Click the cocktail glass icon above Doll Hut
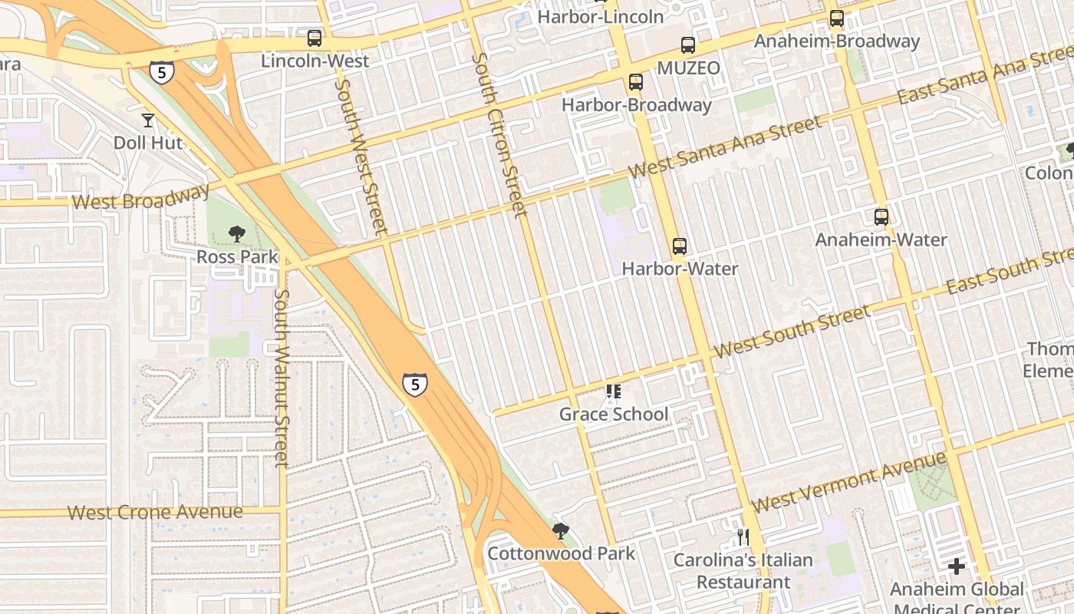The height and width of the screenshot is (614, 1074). click(x=147, y=120)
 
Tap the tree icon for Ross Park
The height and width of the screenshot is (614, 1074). click(x=237, y=234)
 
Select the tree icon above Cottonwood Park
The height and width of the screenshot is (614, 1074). click(x=561, y=530)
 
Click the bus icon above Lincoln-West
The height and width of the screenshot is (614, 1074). click(x=315, y=38)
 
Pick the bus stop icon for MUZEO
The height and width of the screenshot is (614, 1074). click(x=688, y=45)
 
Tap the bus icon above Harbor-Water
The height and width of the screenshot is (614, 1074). click(x=679, y=246)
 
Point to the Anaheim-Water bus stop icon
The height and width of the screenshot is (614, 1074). click(x=881, y=217)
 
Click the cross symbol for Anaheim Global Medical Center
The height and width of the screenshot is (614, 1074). click(x=956, y=567)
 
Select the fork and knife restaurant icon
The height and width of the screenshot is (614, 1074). click(x=743, y=536)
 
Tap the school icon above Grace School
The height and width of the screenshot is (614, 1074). click(x=613, y=392)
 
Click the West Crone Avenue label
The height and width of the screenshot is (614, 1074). click(x=155, y=512)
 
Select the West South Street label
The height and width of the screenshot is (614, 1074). click(x=791, y=331)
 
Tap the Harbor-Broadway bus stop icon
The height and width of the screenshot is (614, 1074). click(x=635, y=82)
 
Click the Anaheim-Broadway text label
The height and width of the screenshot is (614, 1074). click(x=837, y=41)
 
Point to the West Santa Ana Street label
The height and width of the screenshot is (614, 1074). click(x=725, y=147)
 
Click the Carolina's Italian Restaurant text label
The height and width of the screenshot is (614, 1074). click(x=743, y=570)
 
